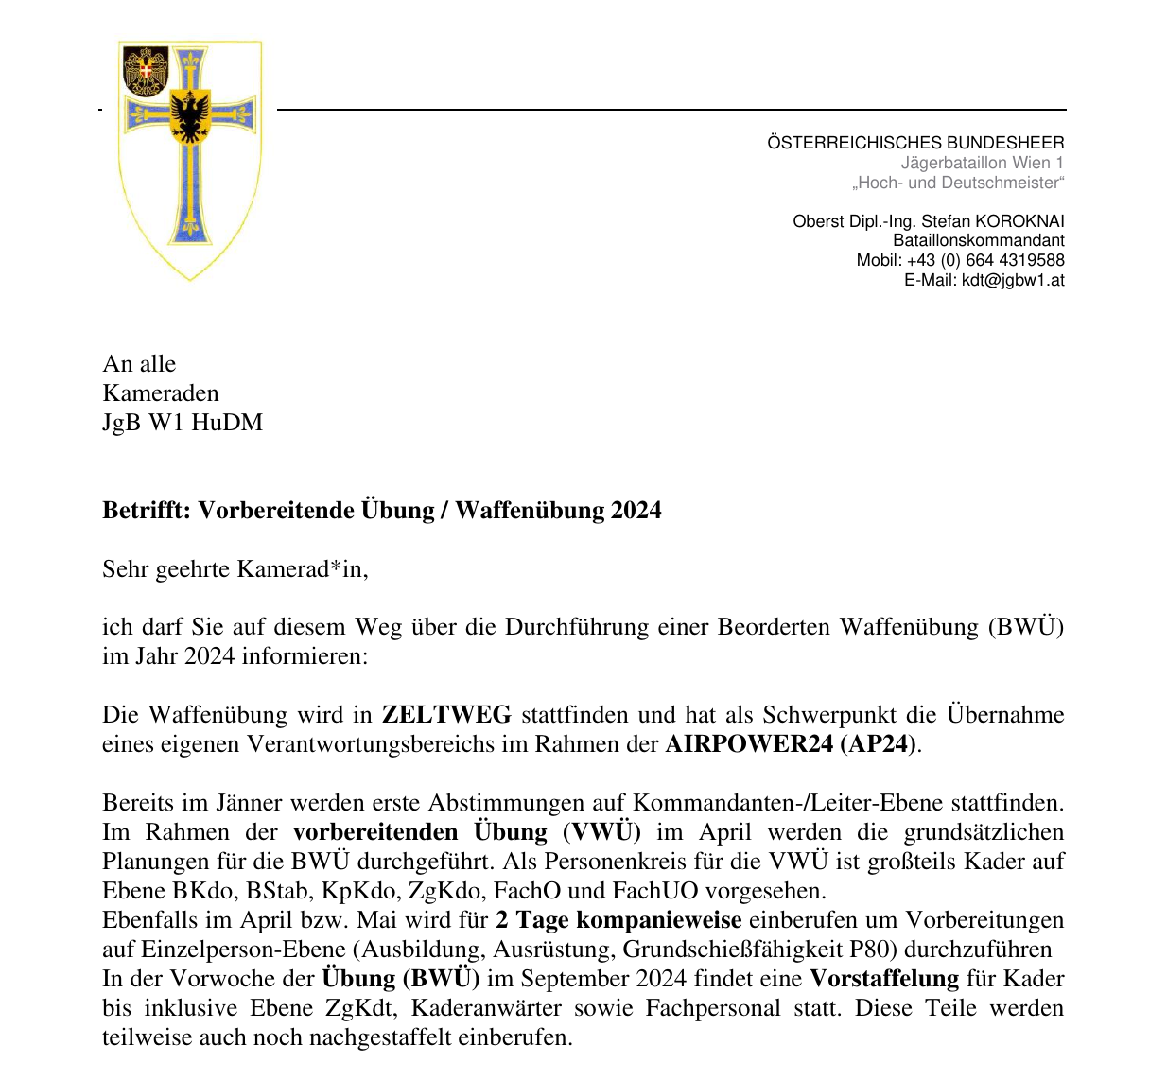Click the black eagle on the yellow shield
pyautogui.click(x=190, y=116)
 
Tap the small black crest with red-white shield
pyautogui.click(x=147, y=71)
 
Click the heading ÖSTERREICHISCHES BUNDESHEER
pyautogui.click(x=915, y=143)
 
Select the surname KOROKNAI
pyautogui.click(x=1019, y=221)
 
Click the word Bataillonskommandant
pyautogui.click(x=979, y=241)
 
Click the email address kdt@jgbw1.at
pyautogui.click(x=1013, y=280)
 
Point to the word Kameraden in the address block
pyautogui.click(x=161, y=393)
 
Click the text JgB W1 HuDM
pyautogui.click(x=183, y=423)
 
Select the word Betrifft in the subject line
pyautogui.click(x=146, y=511)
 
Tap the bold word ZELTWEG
pyautogui.click(x=446, y=715)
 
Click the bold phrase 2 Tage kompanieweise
pyautogui.click(x=618, y=920)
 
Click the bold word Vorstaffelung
pyautogui.click(x=884, y=979)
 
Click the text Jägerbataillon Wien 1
pyautogui.click(x=982, y=163)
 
